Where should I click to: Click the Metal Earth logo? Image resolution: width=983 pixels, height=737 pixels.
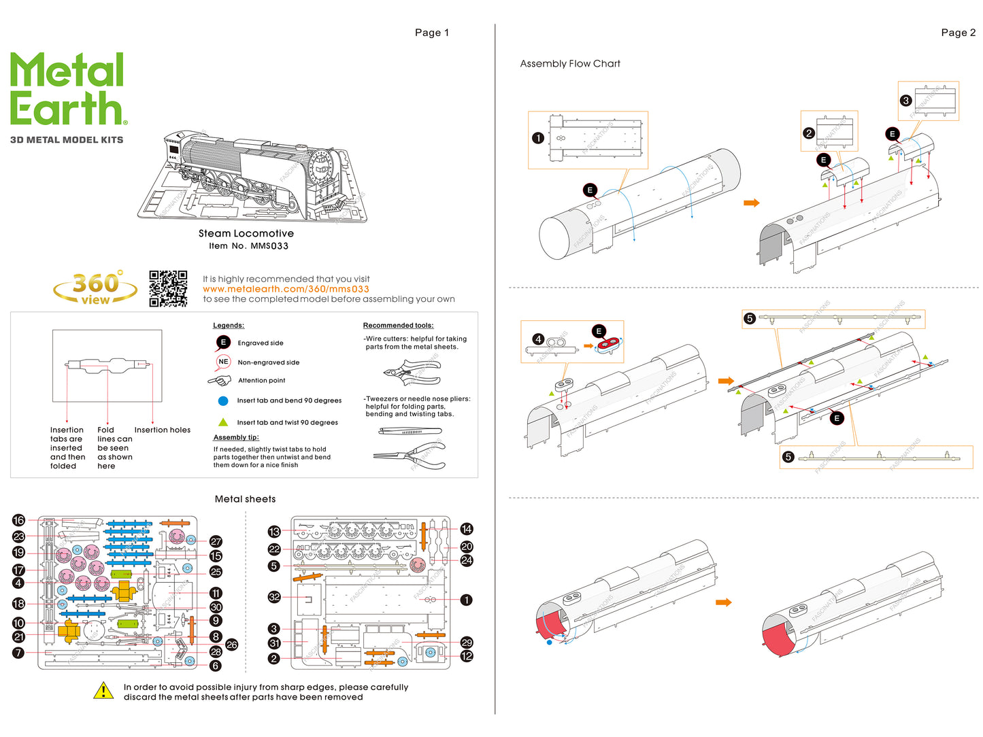click(x=67, y=89)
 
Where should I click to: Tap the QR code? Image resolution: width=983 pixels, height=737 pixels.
click(x=168, y=288)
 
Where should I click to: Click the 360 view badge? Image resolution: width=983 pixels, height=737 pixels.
click(x=95, y=288)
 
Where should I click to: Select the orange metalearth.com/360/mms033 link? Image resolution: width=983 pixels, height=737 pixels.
click(x=286, y=289)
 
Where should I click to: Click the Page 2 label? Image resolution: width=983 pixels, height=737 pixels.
click(x=958, y=33)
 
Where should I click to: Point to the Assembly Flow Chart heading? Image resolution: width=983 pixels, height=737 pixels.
click(x=569, y=64)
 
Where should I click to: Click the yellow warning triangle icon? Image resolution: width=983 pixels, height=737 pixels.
click(x=103, y=691)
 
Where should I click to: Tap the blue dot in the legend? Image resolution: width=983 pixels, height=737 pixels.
click(x=223, y=401)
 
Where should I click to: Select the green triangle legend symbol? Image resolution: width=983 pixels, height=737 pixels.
click(x=223, y=422)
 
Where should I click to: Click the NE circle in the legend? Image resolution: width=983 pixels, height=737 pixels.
click(x=223, y=362)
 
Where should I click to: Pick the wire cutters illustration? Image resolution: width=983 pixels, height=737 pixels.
click(x=412, y=373)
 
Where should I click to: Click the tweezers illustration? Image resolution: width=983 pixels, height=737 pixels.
click(x=410, y=431)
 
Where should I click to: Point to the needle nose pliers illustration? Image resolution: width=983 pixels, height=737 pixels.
click(x=410, y=456)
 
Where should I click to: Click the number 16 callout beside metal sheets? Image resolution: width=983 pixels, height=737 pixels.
click(x=18, y=520)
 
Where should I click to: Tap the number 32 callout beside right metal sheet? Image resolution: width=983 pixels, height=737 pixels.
click(x=274, y=597)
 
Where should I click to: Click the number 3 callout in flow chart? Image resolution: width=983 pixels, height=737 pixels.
click(x=905, y=101)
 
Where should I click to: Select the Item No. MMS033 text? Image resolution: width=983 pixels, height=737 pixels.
click(x=248, y=246)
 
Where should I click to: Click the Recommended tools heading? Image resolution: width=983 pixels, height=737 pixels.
click(x=398, y=326)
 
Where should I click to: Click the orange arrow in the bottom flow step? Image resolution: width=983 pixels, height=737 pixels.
click(x=723, y=602)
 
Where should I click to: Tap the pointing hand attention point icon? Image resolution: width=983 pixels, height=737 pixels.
click(x=220, y=381)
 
